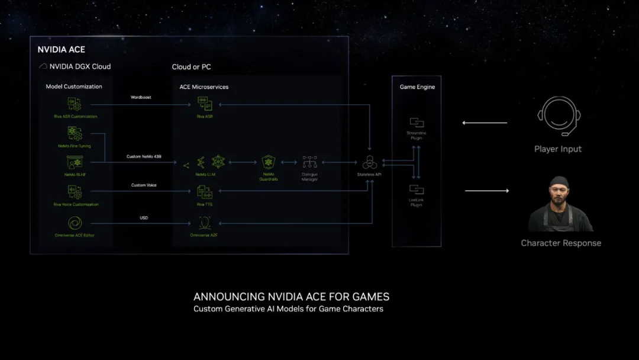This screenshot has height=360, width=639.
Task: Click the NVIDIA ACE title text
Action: (x=62, y=50)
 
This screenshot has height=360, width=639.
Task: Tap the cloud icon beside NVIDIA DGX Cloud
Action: (x=43, y=67)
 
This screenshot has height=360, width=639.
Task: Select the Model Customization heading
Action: (x=74, y=86)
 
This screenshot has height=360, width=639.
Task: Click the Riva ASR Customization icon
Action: (x=75, y=104)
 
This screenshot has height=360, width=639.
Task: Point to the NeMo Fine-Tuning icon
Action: (x=75, y=133)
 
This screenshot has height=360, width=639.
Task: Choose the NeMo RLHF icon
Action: (x=75, y=162)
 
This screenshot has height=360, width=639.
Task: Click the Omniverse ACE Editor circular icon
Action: (x=75, y=223)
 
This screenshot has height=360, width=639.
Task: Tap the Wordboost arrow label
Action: (x=141, y=97)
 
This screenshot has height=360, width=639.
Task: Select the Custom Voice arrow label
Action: (x=144, y=185)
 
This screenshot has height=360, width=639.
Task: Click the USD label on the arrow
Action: (x=144, y=218)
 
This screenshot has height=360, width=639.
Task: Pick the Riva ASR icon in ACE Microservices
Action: (x=205, y=104)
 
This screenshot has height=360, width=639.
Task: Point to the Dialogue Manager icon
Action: (x=309, y=162)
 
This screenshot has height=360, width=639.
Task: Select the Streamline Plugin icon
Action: (x=417, y=123)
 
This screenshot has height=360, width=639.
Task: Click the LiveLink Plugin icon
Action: (x=417, y=189)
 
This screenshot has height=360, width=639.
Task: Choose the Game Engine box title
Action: (x=417, y=87)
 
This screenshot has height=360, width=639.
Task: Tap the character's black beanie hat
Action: (x=559, y=182)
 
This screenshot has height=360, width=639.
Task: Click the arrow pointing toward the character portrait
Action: (x=487, y=191)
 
